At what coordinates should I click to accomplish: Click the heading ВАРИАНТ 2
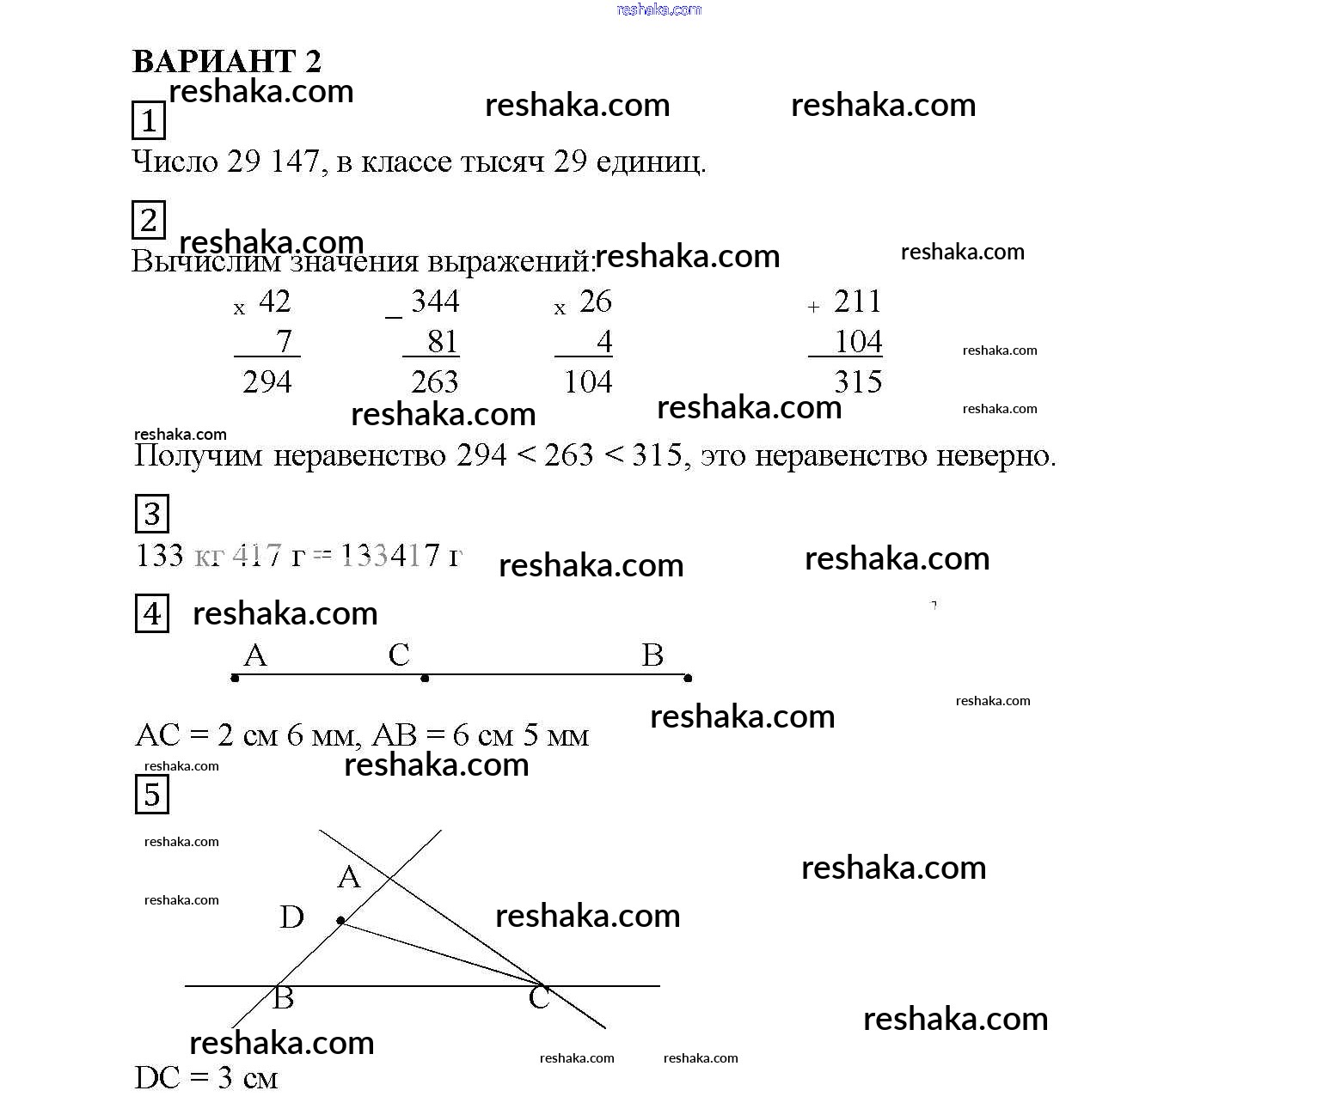227,62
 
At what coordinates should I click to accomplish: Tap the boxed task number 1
149,120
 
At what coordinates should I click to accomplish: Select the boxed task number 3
152,514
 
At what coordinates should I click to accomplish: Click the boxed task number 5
152,794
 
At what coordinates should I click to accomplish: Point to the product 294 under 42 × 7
267,381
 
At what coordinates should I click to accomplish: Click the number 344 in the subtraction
435,302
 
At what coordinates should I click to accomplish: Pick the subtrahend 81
442,342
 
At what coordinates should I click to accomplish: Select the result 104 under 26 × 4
588,381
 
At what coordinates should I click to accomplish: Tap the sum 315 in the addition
858,381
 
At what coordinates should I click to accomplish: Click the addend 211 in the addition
857,302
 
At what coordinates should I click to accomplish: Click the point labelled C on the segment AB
425,678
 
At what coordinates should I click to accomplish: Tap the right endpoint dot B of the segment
688,678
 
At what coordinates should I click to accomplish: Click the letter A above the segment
255,655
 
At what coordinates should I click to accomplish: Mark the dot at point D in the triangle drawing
341,921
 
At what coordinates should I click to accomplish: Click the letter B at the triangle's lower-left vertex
283,998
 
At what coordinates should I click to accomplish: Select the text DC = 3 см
206,1078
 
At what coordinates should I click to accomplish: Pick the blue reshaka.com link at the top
659,9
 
